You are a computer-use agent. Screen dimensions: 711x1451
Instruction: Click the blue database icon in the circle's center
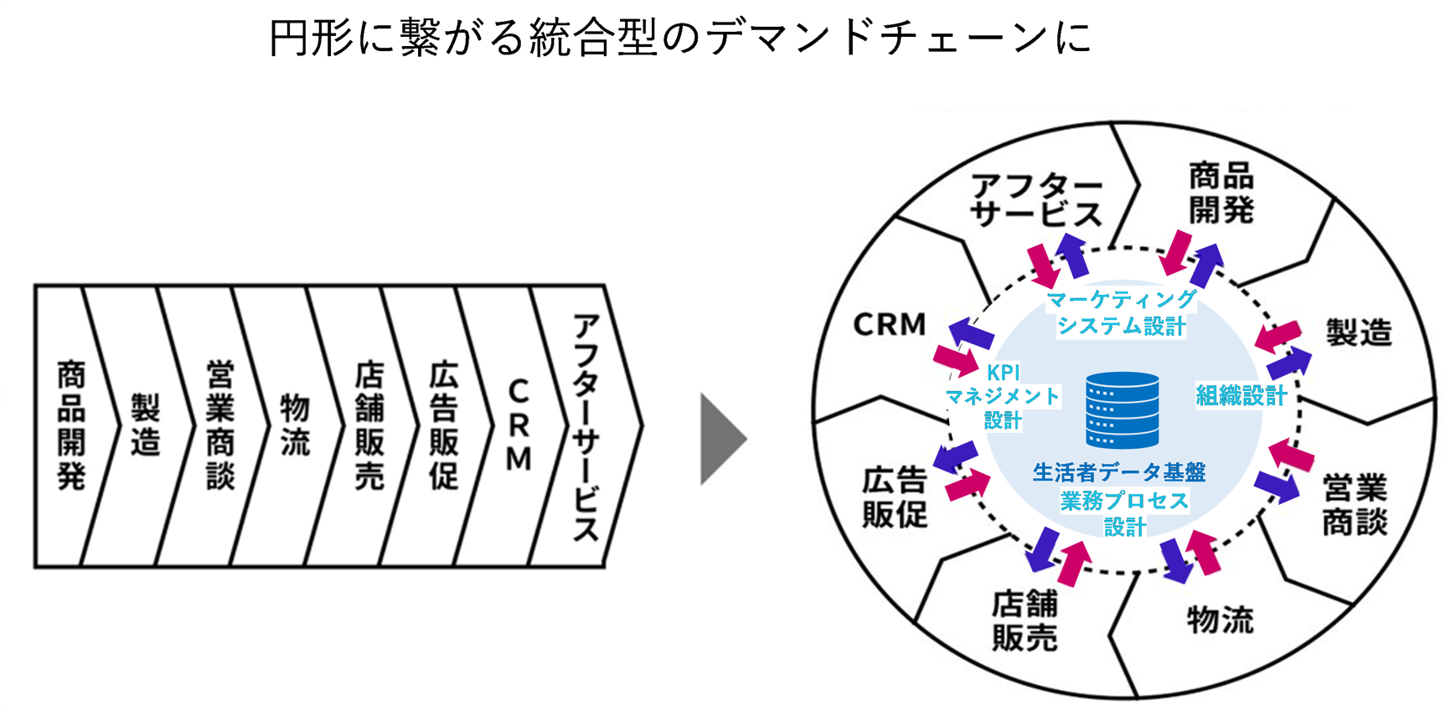click(1122, 410)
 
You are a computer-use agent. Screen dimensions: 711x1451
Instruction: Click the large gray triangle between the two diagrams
click(722, 439)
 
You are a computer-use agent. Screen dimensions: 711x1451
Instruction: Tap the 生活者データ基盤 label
click(1119, 473)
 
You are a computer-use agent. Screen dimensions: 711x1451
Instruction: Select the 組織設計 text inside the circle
click(1241, 395)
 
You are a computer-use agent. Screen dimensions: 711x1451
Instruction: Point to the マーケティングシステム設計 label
click(1121, 312)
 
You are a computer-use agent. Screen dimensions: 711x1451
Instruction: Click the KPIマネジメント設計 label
click(1003, 396)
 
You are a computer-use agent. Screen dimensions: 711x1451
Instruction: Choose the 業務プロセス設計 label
click(1124, 513)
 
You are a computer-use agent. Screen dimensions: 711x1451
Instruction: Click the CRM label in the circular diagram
click(890, 325)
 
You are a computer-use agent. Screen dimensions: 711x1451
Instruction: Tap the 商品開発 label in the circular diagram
click(1221, 193)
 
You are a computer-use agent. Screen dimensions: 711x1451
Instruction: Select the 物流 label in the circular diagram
click(1221, 621)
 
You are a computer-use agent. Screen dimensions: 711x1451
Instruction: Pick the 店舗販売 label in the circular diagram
click(1025, 621)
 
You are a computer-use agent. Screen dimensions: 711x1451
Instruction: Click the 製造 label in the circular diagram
click(1358, 332)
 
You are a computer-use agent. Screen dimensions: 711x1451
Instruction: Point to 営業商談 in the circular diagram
click(1355, 505)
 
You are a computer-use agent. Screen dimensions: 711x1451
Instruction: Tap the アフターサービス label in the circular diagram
click(1036, 201)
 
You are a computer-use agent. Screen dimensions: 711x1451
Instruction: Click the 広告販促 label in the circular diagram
click(895, 497)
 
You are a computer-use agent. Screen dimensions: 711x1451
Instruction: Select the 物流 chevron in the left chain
click(294, 426)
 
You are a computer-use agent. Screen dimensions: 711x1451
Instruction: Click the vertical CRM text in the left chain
click(519, 426)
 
